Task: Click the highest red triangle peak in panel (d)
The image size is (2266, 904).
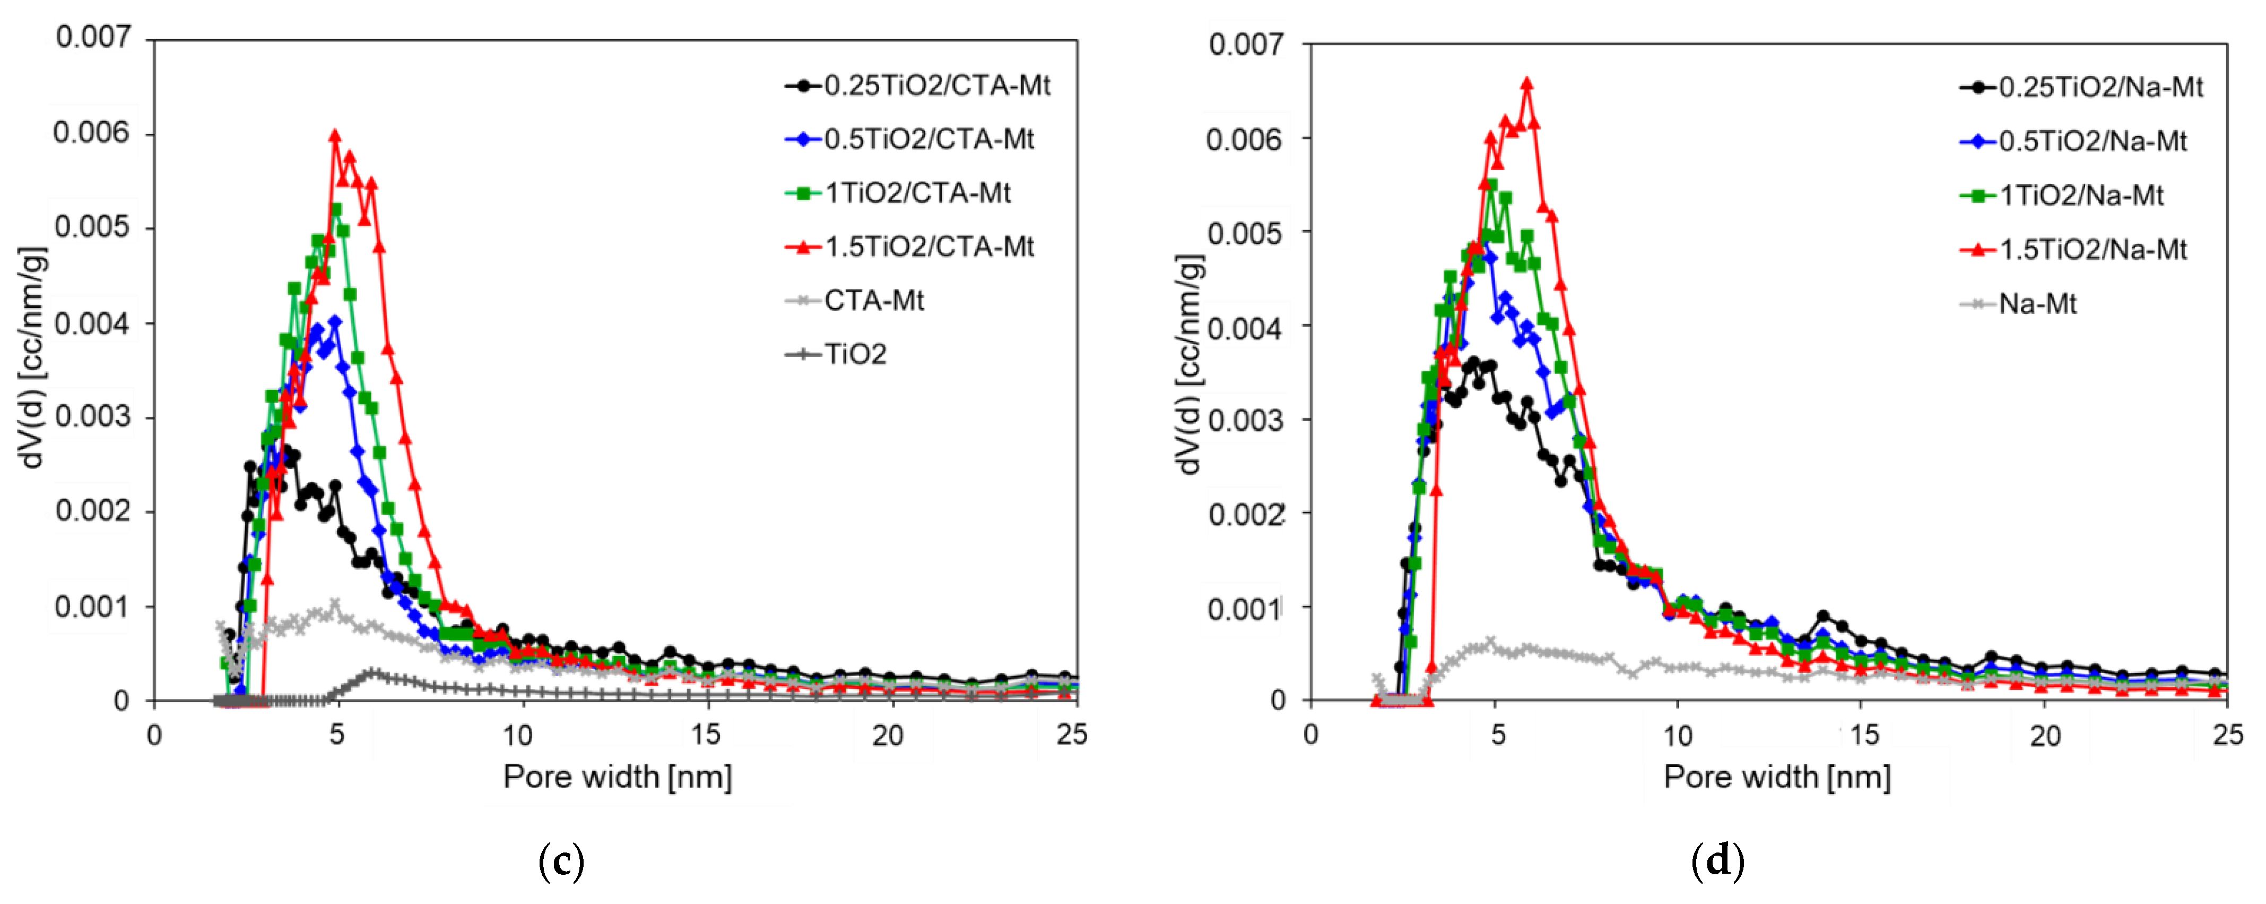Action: (1526, 83)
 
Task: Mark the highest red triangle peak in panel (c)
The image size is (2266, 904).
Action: (334, 135)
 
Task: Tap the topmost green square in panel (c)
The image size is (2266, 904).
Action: (336, 209)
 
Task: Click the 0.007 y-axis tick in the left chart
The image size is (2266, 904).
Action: (92, 38)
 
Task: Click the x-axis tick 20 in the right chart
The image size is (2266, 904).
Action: (2044, 735)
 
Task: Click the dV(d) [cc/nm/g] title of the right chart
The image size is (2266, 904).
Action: (1190, 365)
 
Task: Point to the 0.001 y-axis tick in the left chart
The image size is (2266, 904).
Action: (92, 607)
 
